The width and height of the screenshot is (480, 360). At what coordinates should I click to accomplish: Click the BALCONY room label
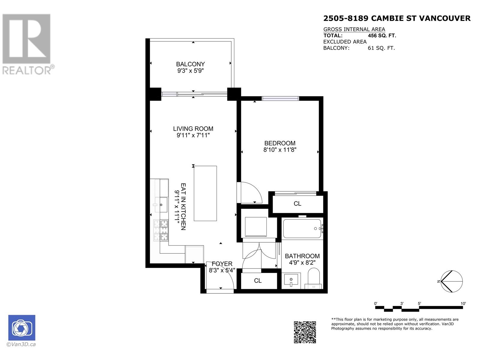(x=190, y=64)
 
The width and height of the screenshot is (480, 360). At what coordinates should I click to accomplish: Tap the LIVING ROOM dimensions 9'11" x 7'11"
(x=193, y=135)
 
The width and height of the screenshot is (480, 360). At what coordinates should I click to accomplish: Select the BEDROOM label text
(x=280, y=143)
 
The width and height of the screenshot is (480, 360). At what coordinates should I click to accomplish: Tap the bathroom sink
(x=291, y=280)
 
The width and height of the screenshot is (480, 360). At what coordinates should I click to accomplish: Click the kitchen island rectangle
(x=205, y=193)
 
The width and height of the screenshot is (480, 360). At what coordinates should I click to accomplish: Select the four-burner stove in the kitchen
(x=161, y=230)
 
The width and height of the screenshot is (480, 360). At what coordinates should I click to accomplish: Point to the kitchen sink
(x=161, y=205)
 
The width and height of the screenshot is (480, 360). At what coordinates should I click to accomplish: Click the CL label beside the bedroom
(x=297, y=204)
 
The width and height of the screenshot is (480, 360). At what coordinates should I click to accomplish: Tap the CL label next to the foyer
(x=258, y=280)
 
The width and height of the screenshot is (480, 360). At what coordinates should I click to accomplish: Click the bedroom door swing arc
(x=252, y=192)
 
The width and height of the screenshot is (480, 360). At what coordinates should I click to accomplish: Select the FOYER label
(x=222, y=264)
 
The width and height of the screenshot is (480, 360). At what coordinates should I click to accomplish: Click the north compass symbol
(x=451, y=281)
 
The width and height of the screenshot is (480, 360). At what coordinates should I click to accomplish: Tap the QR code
(x=304, y=332)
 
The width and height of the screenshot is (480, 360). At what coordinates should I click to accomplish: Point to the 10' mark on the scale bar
(x=463, y=304)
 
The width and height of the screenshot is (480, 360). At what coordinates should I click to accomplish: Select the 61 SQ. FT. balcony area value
(x=381, y=48)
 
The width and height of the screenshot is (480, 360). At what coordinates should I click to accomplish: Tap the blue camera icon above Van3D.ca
(x=22, y=328)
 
